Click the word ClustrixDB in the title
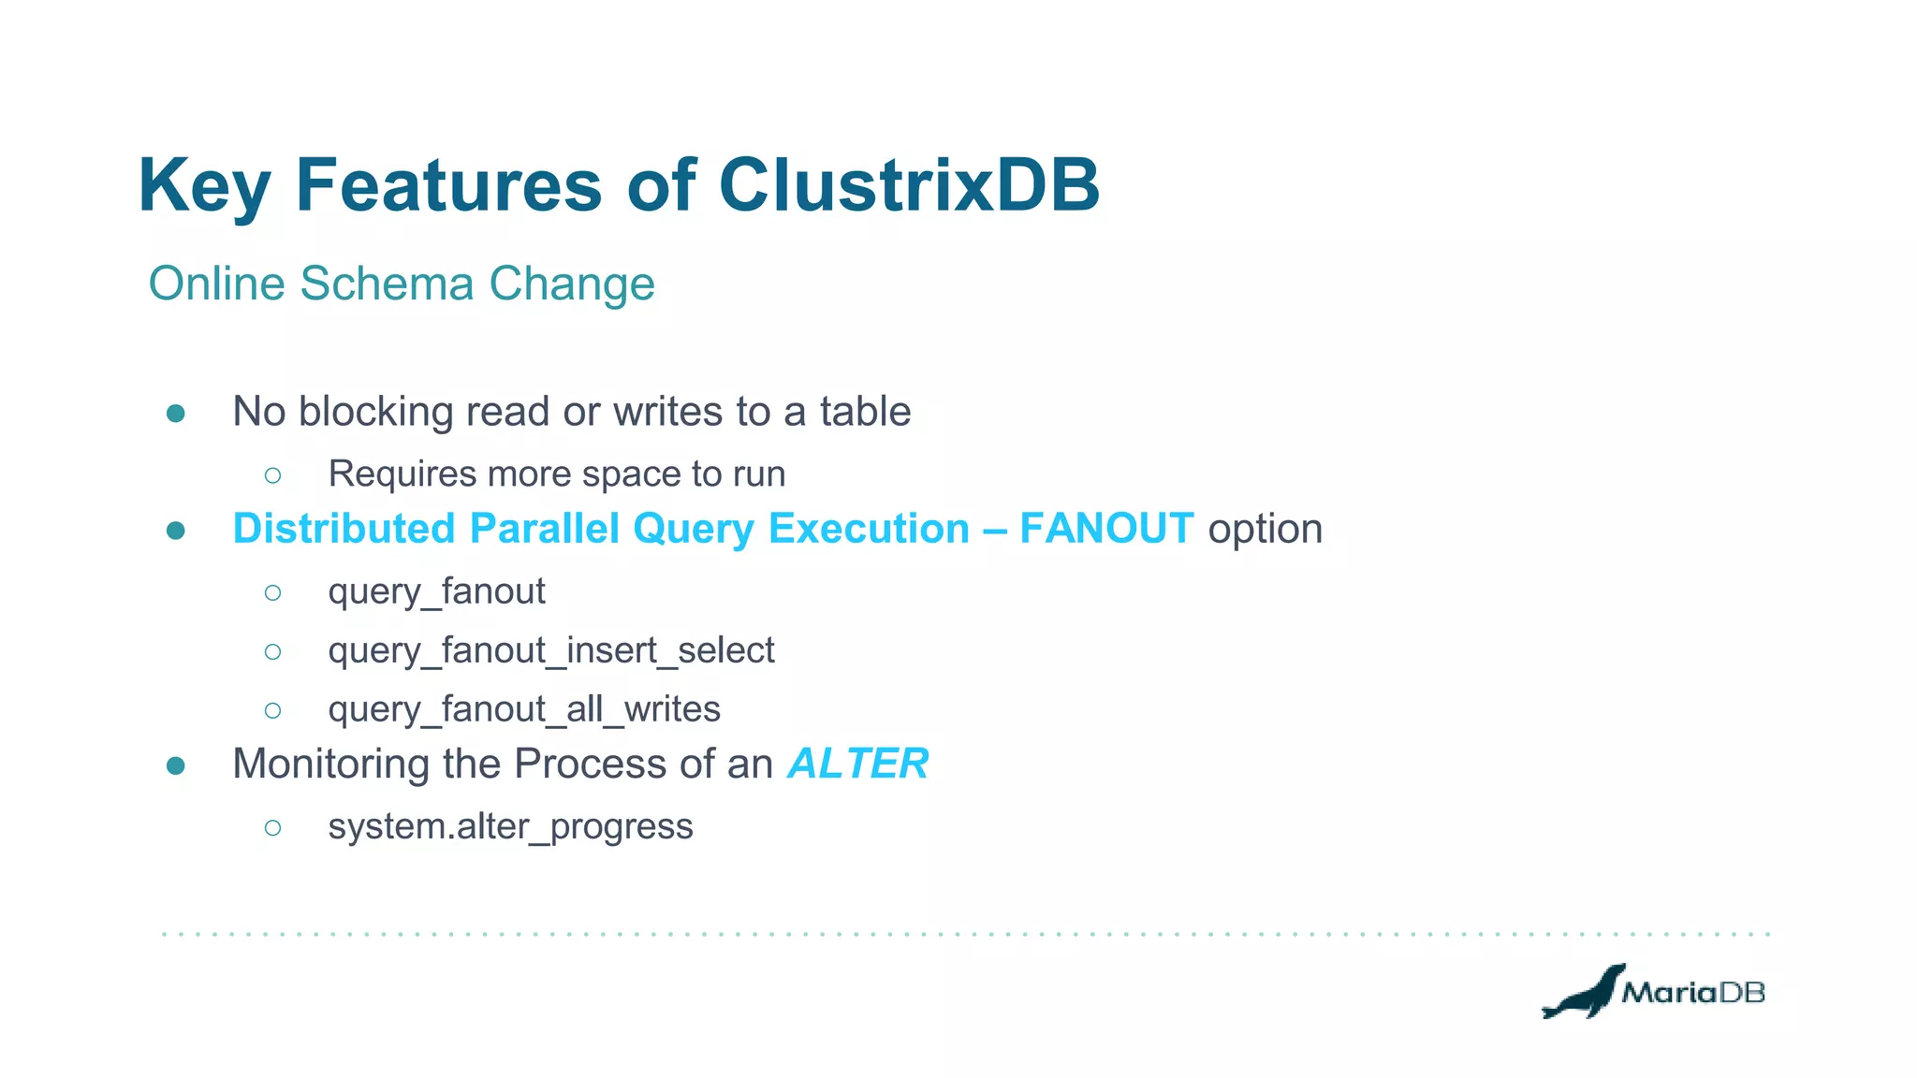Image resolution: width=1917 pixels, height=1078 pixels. [x=909, y=185]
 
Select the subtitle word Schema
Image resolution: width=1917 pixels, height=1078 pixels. [x=387, y=284]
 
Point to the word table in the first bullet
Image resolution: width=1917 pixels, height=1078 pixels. [x=865, y=412]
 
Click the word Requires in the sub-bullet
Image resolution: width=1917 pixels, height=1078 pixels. [x=402, y=474]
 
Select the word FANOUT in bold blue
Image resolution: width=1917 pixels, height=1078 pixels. [x=1106, y=529]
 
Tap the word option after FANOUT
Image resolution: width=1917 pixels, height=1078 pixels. [x=1266, y=530]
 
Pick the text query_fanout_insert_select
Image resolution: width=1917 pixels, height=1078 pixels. [x=551, y=650]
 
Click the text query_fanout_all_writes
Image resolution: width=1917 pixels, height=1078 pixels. [x=524, y=709]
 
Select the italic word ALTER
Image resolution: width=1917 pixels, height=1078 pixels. [x=858, y=764]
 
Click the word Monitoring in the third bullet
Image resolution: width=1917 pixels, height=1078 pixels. [x=331, y=765]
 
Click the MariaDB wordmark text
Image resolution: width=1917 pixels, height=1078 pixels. [x=1693, y=993]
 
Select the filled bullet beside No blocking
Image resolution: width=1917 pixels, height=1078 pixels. [x=175, y=413]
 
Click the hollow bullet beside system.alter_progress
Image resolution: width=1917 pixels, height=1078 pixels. [x=272, y=827]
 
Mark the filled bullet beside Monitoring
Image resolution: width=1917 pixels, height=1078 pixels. [x=175, y=766]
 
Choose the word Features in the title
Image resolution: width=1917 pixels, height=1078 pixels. [x=448, y=185]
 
